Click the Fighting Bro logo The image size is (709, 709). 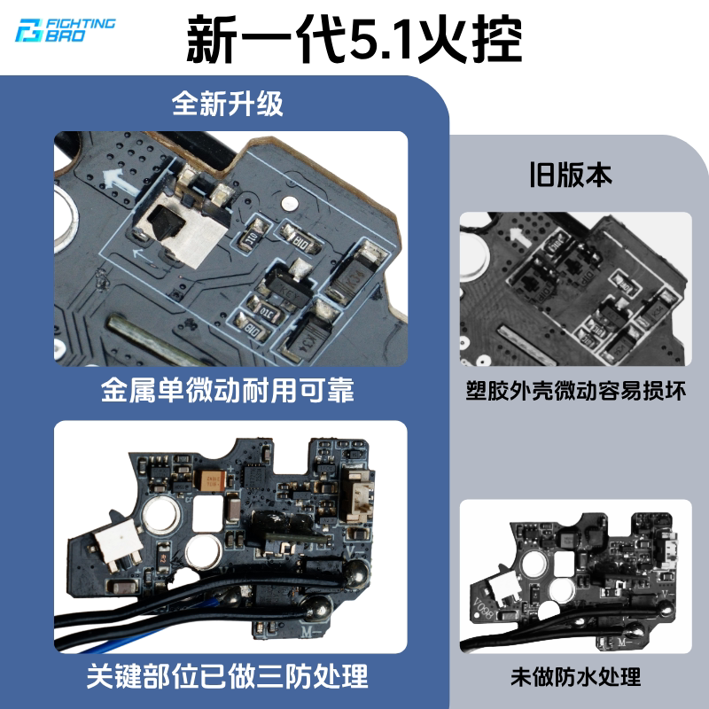(65, 30)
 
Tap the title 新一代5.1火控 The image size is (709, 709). (354, 40)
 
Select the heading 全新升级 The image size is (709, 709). (228, 103)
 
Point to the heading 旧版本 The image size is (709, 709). (571, 175)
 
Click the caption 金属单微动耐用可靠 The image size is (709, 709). (228, 390)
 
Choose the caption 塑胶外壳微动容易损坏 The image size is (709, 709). (576, 390)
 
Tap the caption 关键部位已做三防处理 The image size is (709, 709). (228, 676)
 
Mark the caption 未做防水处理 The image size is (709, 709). (576, 677)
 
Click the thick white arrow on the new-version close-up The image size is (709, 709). (120, 181)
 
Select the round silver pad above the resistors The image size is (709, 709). (290, 204)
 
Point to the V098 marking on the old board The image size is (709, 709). (483, 609)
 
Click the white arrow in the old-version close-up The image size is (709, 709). (519, 238)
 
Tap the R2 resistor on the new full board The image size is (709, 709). (164, 557)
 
